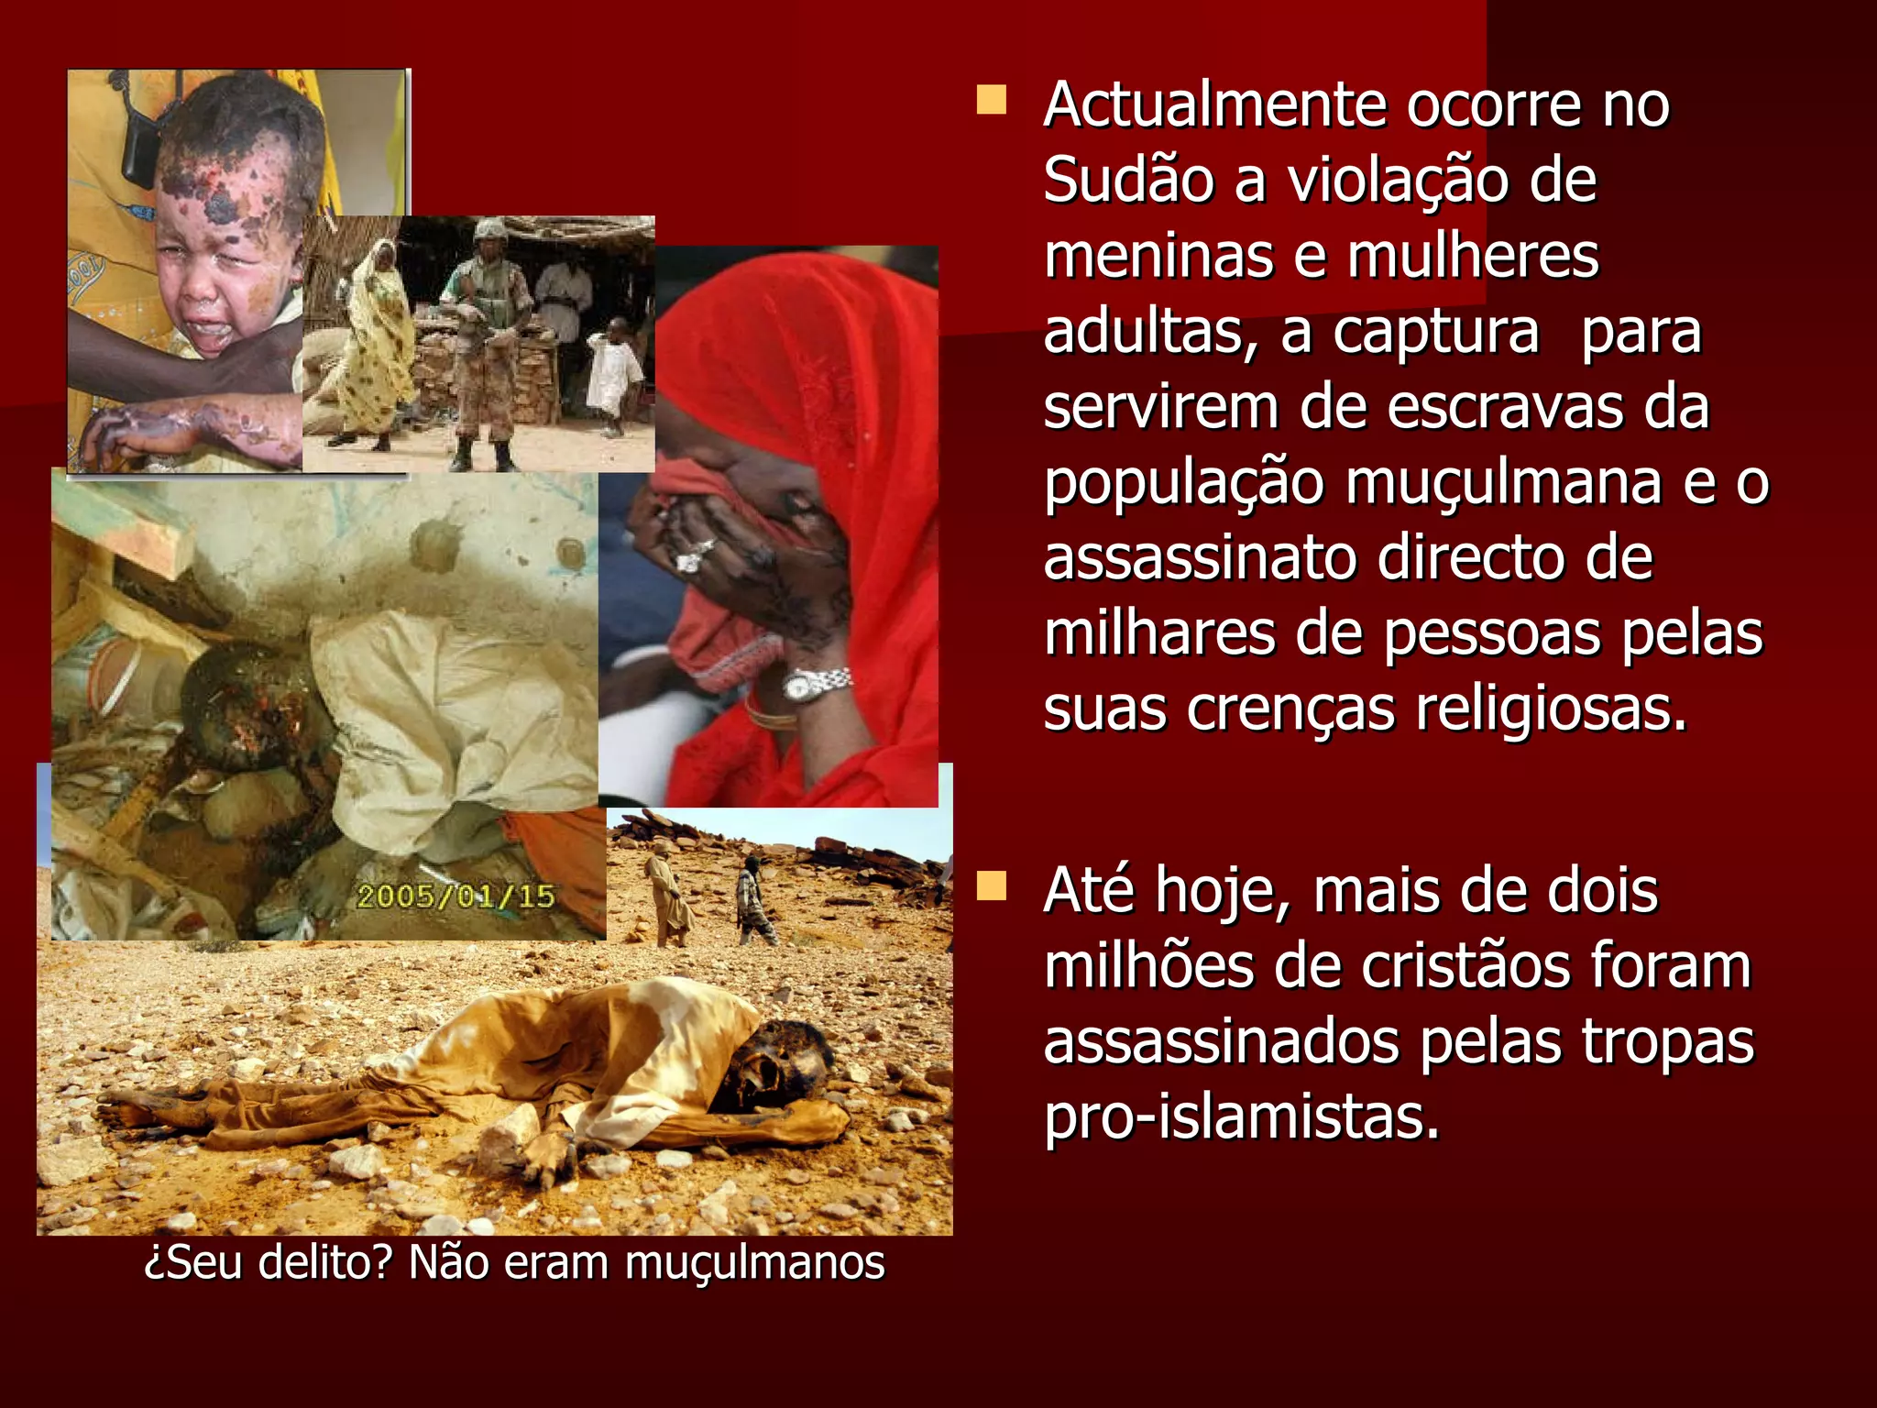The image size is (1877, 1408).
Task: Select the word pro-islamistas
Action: pos(1242,1117)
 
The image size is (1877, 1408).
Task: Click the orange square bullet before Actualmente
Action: pos(991,100)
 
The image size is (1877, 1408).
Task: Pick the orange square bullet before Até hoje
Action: pos(991,886)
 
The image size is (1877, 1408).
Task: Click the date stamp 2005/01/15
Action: pos(456,896)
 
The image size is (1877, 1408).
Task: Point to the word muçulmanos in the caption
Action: pos(755,1263)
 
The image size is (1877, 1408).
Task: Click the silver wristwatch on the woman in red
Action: pos(815,684)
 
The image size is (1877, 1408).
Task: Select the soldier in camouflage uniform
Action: pos(482,339)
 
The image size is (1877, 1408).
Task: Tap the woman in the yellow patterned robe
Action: pos(376,344)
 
